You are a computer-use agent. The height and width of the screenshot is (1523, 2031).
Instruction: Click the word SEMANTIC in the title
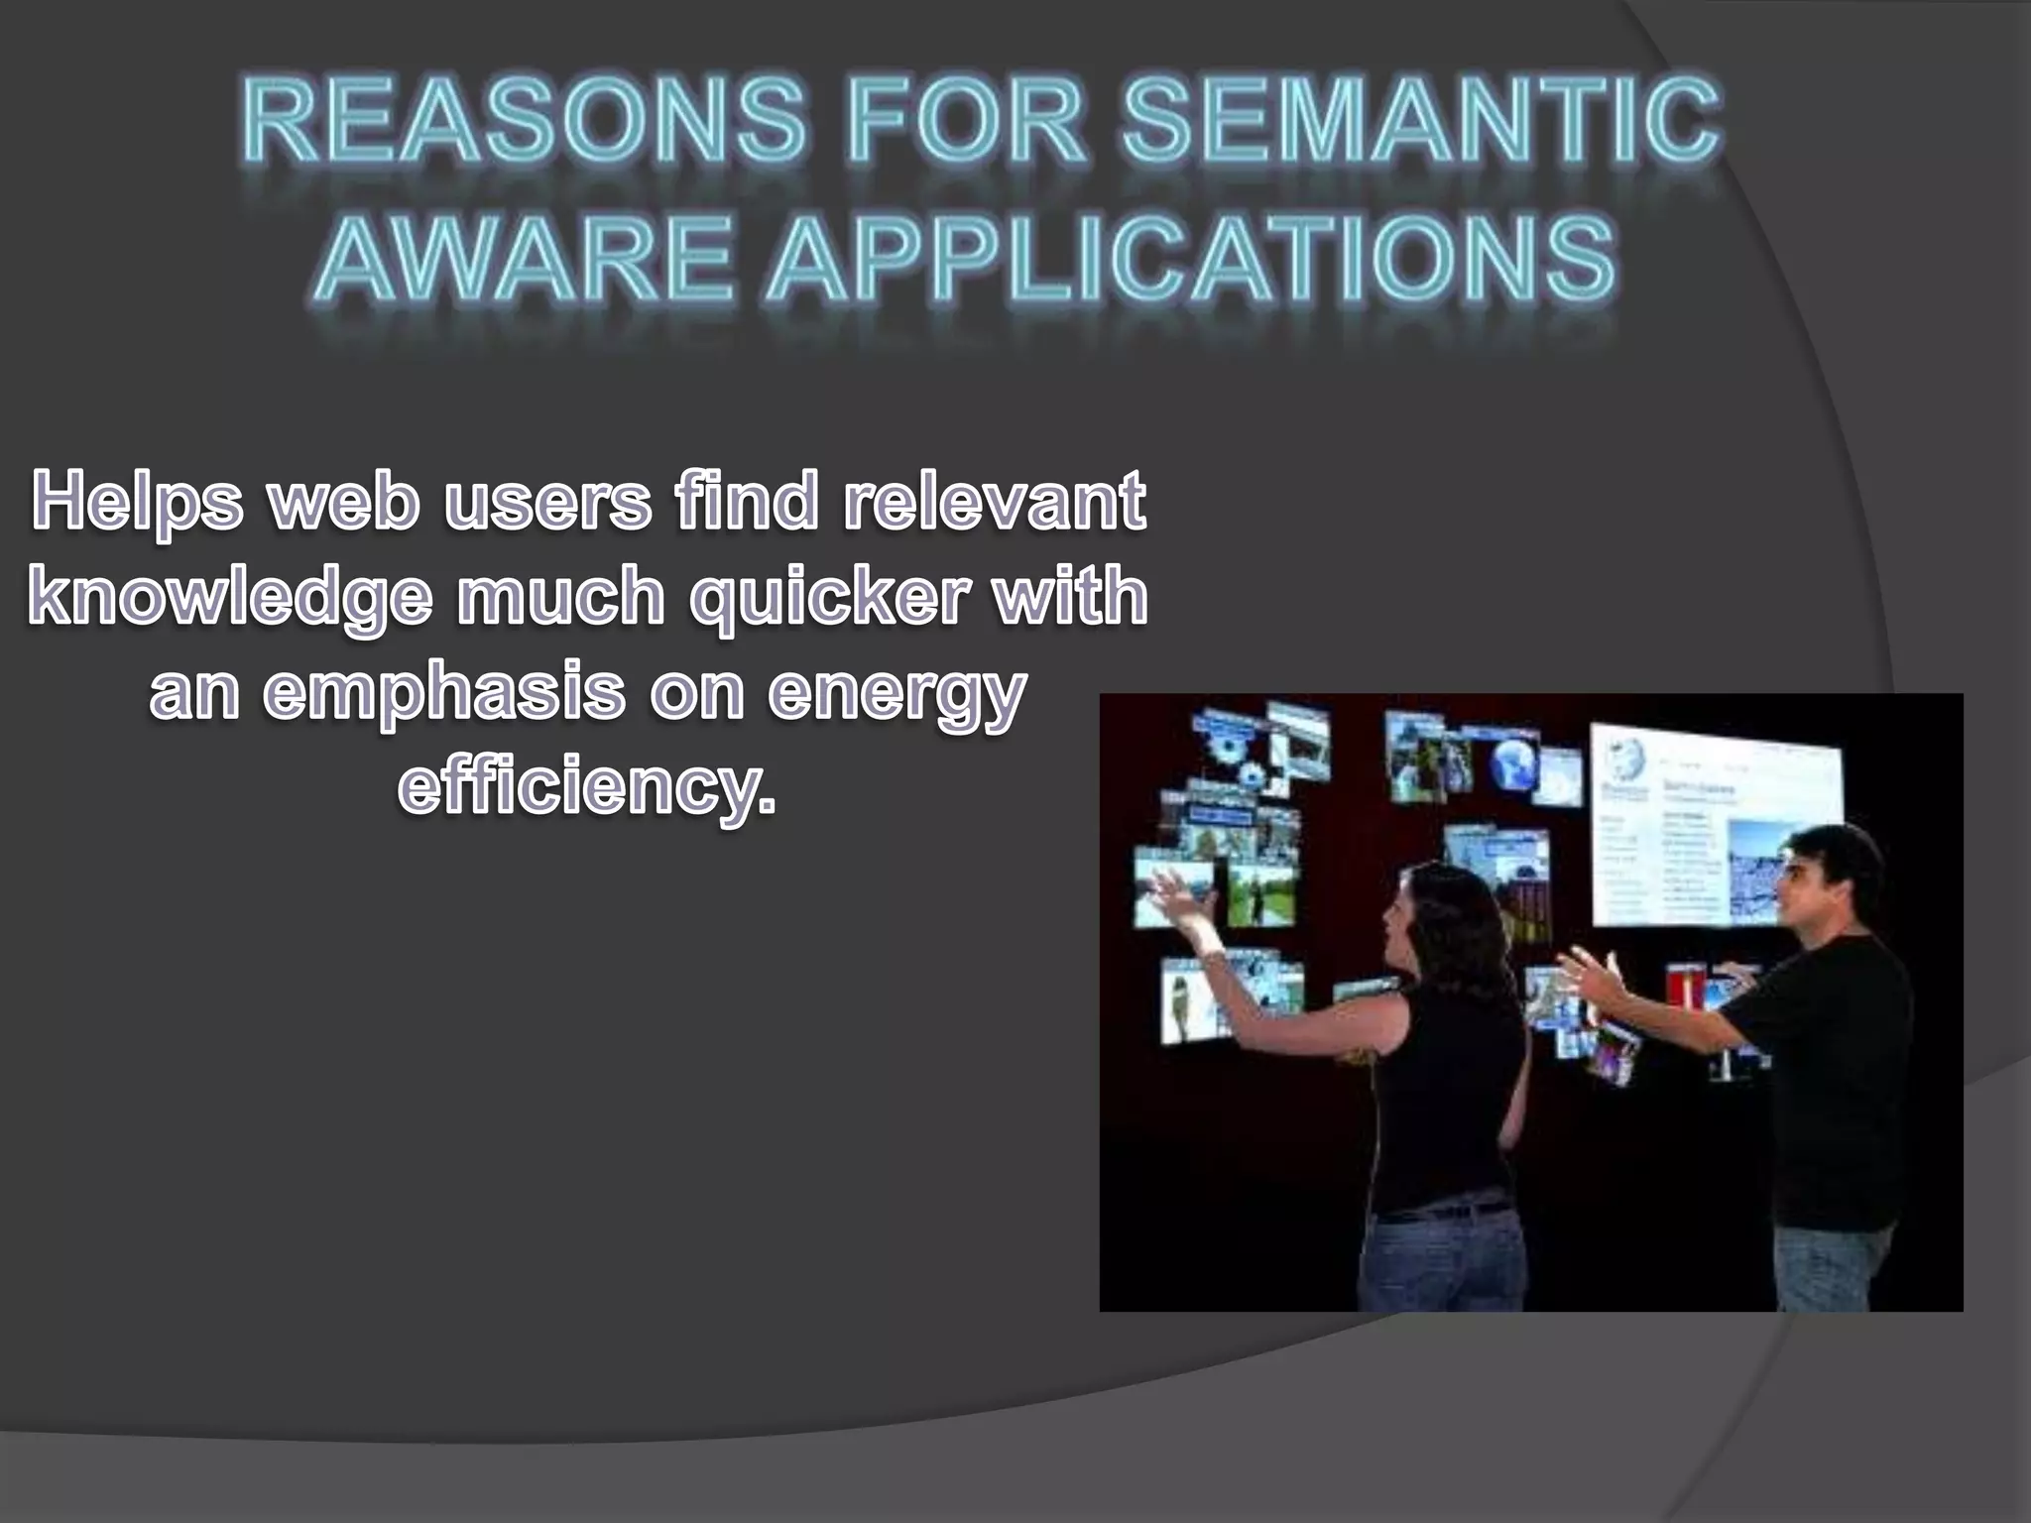coord(1420,123)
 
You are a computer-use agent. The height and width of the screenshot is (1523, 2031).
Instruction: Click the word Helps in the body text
coord(137,502)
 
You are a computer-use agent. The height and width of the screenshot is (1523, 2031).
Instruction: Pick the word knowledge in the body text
coord(230,597)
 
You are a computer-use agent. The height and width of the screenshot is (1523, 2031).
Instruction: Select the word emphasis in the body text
coord(443,692)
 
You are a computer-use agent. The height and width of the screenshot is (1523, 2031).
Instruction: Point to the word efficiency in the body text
coord(586,787)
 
